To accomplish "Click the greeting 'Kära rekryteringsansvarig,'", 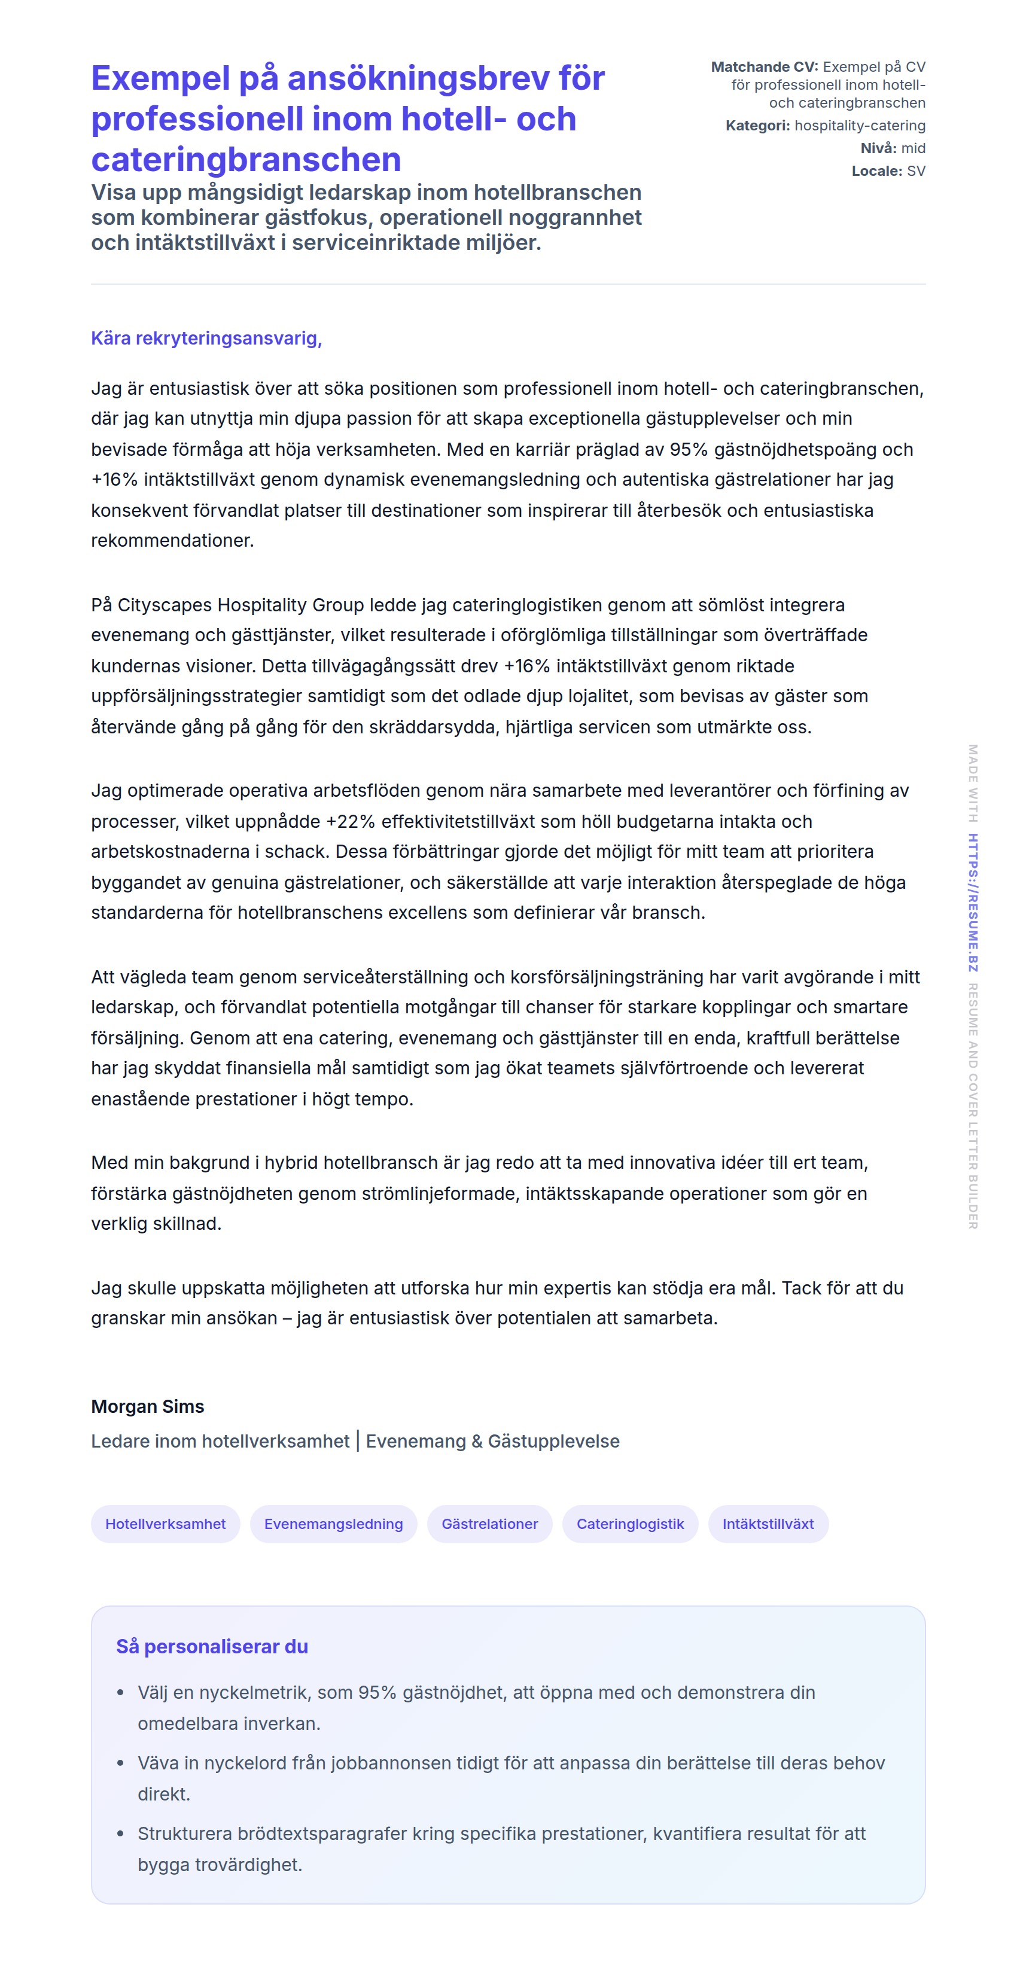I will click(x=206, y=338).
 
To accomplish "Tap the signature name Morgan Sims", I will click(x=148, y=1406).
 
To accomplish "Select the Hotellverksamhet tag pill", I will click(x=165, y=1524).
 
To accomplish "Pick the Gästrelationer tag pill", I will click(x=489, y=1524).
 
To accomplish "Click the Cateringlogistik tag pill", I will click(x=630, y=1524).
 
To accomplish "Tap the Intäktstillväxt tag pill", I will click(x=768, y=1524).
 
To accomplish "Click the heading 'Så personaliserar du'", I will click(x=212, y=1647).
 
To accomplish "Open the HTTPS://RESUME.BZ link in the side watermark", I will click(x=973, y=903).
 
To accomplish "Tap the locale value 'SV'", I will click(x=916, y=171).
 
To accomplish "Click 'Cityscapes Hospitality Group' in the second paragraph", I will click(x=240, y=605).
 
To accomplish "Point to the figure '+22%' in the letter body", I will click(x=351, y=821).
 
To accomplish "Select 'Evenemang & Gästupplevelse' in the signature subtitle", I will click(x=492, y=1441).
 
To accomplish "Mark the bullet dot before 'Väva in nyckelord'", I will click(x=120, y=1763).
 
